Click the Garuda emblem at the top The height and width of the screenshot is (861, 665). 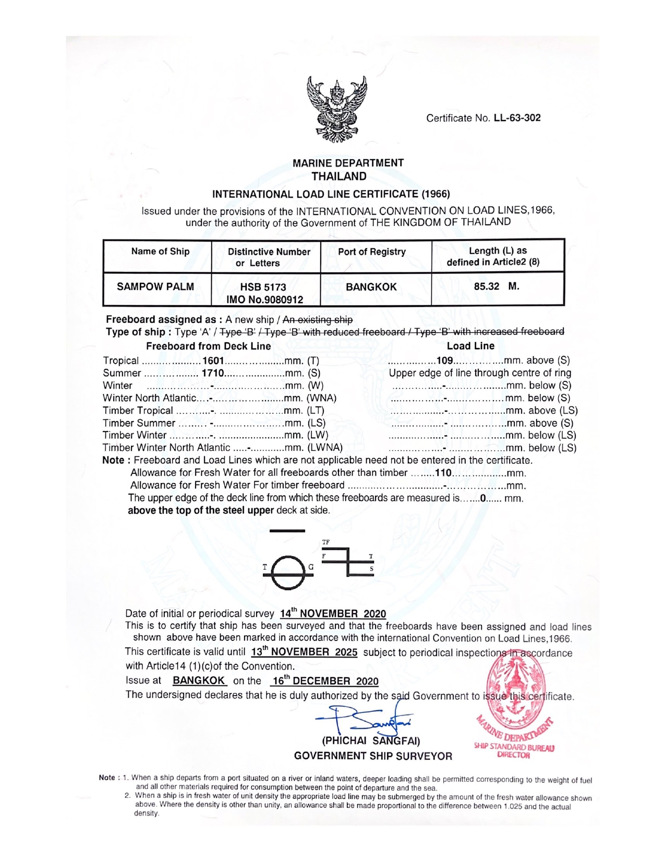point(337,110)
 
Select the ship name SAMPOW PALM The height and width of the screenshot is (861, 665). point(155,287)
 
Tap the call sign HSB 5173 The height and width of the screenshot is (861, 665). point(263,287)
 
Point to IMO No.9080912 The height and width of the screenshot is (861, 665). point(264,300)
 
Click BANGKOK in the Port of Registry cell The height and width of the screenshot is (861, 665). point(371,287)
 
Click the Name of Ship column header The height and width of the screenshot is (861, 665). point(160,252)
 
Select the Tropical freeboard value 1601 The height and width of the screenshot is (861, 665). point(213,361)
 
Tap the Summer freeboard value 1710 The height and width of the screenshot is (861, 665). point(213,373)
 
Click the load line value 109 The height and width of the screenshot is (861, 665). point(444,361)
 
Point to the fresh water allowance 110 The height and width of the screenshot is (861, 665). point(443,473)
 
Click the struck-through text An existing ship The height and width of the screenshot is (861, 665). point(317,320)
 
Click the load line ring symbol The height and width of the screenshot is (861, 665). point(288,572)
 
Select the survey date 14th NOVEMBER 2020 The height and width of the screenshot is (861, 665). point(333,614)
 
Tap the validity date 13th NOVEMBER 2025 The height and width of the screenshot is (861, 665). point(304,652)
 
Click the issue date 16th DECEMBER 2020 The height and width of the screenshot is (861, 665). point(324,681)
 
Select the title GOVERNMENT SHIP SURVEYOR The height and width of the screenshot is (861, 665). point(373,756)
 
